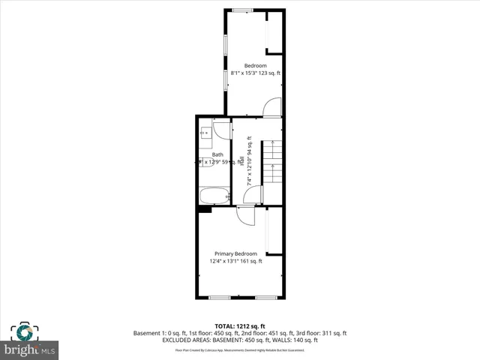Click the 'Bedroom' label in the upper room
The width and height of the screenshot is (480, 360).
click(255, 65)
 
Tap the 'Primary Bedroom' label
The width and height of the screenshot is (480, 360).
click(235, 253)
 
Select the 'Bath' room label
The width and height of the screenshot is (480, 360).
click(217, 154)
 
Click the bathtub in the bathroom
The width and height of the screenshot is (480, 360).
click(214, 196)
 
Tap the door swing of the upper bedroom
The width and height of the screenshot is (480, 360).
click(271, 108)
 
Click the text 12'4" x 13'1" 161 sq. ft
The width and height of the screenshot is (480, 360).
click(235, 261)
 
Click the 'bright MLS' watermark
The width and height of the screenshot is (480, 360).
click(31, 350)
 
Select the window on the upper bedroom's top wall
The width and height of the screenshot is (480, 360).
click(242, 10)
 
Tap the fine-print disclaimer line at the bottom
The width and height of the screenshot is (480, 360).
click(239, 349)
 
